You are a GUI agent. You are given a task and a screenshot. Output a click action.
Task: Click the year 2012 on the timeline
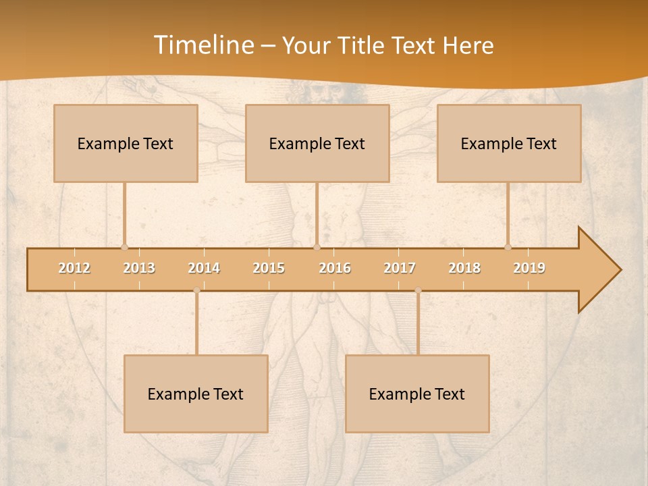[74, 268]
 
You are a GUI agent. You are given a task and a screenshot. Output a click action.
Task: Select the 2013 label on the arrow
[139, 268]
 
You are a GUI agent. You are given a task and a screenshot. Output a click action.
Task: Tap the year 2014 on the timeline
[204, 268]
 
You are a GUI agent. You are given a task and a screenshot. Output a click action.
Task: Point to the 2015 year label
[269, 268]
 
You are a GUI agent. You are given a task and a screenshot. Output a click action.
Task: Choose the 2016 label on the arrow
[335, 268]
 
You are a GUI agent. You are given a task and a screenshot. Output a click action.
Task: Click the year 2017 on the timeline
[400, 268]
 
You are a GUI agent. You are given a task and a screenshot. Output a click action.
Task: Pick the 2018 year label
[464, 268]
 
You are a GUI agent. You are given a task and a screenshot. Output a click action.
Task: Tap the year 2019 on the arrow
[529, 268]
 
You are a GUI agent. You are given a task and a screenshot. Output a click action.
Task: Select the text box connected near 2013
[126, 143]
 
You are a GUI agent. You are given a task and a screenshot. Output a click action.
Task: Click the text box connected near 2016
[317, 143]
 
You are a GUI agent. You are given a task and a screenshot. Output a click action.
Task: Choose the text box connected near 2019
[509, 143]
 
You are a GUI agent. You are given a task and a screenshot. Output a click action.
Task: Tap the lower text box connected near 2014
[196, 394]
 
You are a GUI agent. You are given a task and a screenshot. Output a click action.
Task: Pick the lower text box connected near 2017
[417, 394]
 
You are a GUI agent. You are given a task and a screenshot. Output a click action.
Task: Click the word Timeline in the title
[204, 45]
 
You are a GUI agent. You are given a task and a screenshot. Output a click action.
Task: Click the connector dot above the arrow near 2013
[124, 247]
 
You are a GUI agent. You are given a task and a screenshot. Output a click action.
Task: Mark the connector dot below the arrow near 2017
[418, 290]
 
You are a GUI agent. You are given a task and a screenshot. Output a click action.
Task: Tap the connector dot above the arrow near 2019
[508, 247]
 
